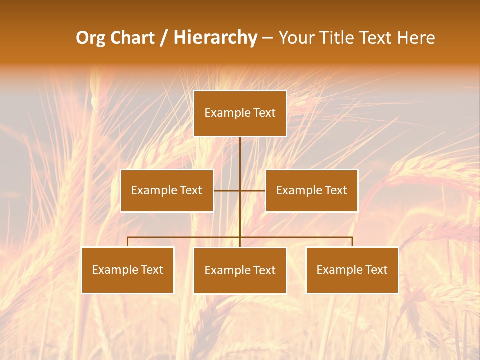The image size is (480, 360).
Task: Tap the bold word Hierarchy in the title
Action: (215, 38)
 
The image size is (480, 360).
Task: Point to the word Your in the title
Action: (297, 38)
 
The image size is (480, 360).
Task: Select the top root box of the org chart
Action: (240, 113)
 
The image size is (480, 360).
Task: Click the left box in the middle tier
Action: (167, 190)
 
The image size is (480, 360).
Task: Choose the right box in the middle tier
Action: (311, 190)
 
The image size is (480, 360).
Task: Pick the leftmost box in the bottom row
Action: (128, 270)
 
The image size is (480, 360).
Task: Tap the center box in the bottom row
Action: (240, 270)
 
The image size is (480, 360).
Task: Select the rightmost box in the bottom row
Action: (352, 270)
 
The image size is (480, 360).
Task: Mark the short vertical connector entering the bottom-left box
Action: (128, 242)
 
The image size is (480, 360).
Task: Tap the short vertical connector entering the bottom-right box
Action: (352, 242)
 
